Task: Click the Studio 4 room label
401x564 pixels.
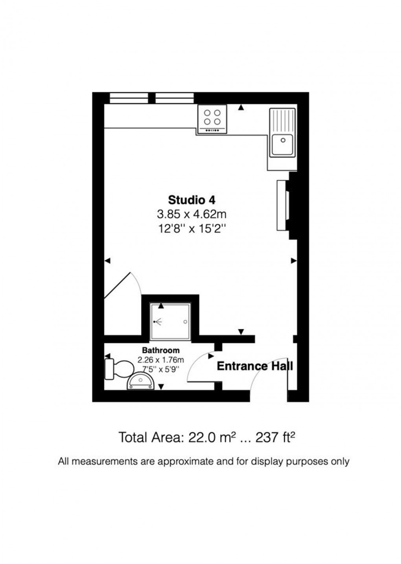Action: click(191, 200)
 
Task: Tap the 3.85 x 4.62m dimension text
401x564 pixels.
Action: click(191, 214)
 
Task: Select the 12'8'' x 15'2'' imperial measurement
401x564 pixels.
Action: click(191, 228)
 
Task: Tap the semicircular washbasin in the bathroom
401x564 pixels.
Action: click(140, 381)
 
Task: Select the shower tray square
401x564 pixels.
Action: click(170, 322)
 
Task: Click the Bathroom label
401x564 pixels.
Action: click(161, 350)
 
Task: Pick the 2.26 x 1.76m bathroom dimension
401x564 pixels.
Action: click(161, 359)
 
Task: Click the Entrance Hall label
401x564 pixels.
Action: click(255, 366)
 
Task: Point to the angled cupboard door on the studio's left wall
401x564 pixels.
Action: click(118, 285)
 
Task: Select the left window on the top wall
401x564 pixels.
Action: click(129, 98)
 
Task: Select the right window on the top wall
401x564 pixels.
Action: click(175, 98)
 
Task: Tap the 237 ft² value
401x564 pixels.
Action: click(275, 437)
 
